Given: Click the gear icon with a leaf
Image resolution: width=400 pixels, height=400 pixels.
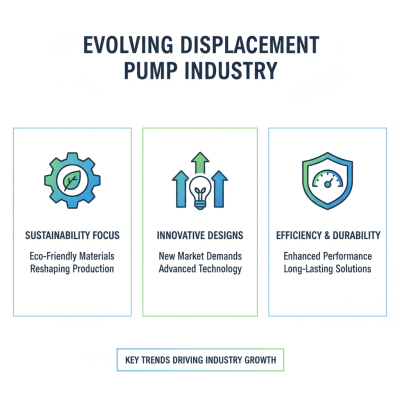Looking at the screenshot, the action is (x=72, y=180).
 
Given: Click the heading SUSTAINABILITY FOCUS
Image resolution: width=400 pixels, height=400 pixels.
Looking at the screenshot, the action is (x=72, y=235).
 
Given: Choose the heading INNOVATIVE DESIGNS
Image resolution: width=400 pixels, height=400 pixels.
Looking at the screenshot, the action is (x=200, y=235).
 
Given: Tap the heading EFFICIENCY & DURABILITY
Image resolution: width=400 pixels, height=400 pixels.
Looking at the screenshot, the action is (x=328, y=235).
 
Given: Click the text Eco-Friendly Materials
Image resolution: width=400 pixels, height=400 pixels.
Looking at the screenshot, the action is (x=72, y=256).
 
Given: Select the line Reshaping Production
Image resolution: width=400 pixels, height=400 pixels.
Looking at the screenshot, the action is (x=72, y=268).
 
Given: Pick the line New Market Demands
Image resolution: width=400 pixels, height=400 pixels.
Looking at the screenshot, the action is (x=200, y=256).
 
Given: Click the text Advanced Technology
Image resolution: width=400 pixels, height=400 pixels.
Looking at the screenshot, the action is (x=200, y=268).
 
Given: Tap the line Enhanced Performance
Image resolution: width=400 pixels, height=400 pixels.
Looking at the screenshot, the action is (x=328, y=256).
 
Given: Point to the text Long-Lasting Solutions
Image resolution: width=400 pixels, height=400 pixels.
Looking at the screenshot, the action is (x=328, y=268).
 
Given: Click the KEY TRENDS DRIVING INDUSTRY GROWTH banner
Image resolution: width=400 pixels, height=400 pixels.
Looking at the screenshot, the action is (x=200, y=359).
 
